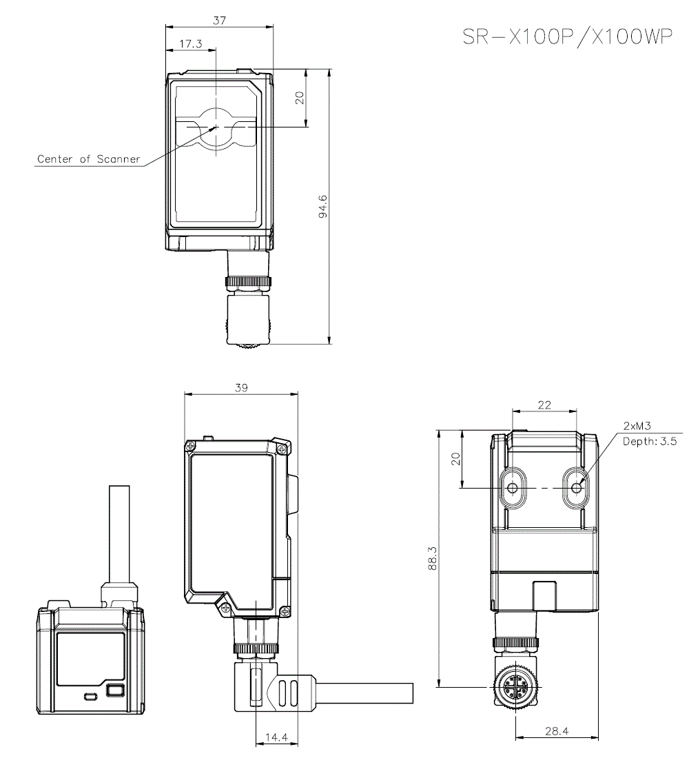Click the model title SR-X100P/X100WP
(x=566, y=37)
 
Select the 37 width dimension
(x=219, y=21)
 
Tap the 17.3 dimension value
(x=190, y=43)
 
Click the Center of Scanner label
(x=88, y=159)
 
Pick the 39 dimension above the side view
(x=241, y=388)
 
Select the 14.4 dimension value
(x=276, y=737)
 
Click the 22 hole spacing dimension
(x=544, y=405)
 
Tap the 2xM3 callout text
(x=638, y=426)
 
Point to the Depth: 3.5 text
(x=650, y=442)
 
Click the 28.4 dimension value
(x=556, y=732)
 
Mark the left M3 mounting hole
(x=512, y=488)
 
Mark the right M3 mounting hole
(x=577, y=488)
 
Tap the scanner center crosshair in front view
(x=216, y=127)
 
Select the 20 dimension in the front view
(x=299, y=97)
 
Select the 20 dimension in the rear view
(x=455, y=459)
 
